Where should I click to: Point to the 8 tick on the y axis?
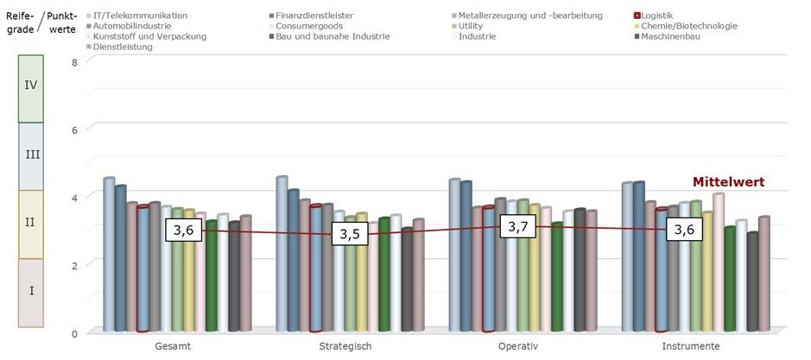coord(75,62)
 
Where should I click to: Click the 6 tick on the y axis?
coord(75,129)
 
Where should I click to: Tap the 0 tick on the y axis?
coord(75,333)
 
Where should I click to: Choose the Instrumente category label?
coord(690,346)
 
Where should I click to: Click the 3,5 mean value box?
coord(350,234)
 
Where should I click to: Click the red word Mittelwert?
coord(729,182)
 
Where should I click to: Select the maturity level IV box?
coord(31,85)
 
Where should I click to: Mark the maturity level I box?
coord(31,291)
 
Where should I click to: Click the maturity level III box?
coord(31,155)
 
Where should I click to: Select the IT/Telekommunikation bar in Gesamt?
coord(109,255)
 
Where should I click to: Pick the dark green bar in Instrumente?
coord(731,279)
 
